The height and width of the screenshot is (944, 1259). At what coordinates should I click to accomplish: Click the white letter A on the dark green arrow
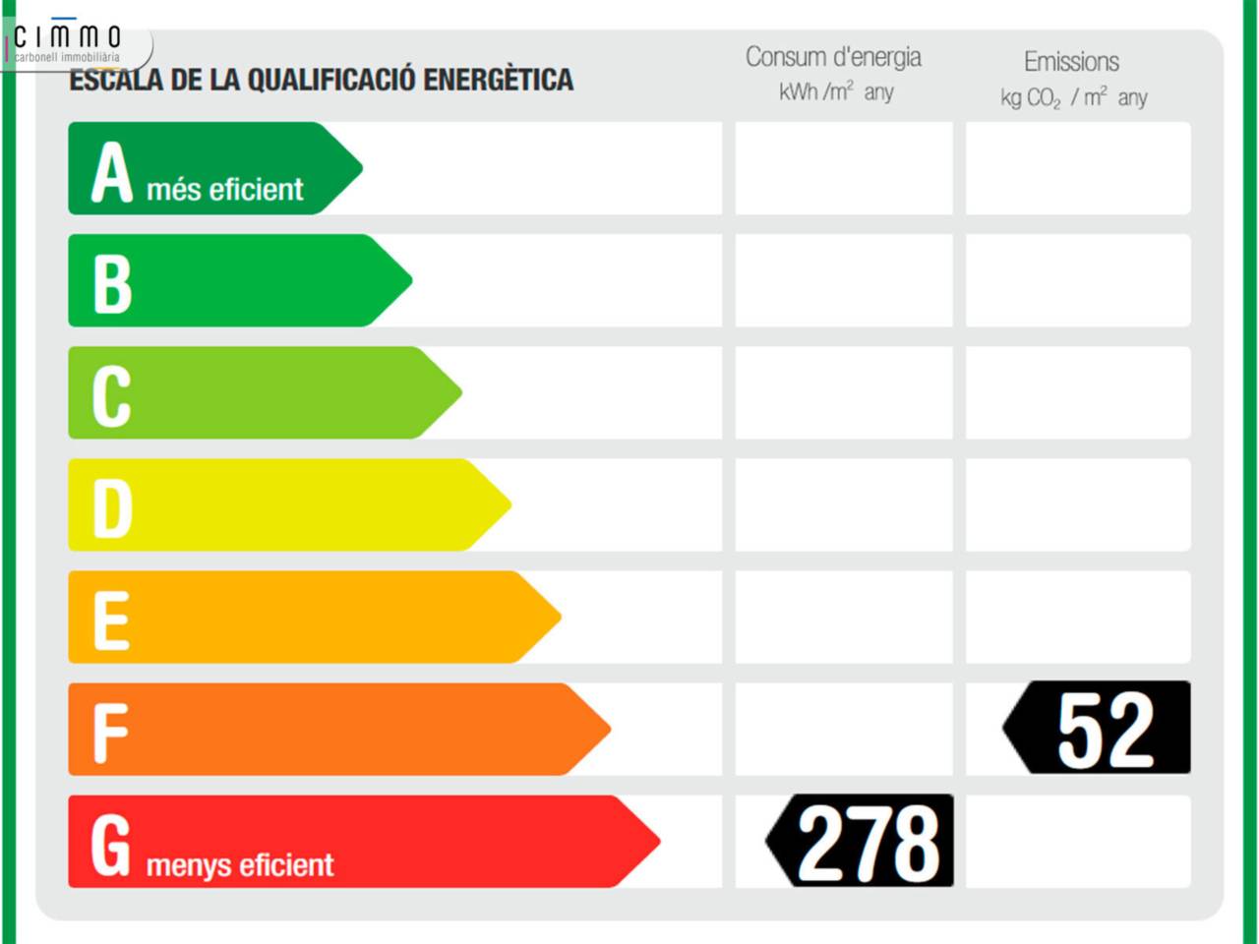(x=111, y=172)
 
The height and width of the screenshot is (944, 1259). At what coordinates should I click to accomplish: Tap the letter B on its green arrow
(x=111, y=284)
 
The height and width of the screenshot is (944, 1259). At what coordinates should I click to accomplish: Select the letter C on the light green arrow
(x=111, y=396)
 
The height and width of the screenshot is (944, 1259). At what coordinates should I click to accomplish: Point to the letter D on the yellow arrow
(x=112, y=508)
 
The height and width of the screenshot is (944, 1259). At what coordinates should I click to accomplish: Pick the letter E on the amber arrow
(x=111, y=620)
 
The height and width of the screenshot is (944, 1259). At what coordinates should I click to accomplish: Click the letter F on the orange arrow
(x=110, y=733)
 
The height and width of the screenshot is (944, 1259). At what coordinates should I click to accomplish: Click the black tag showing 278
(x=861, y=842)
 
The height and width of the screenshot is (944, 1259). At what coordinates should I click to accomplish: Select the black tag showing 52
(x=1098, y=729)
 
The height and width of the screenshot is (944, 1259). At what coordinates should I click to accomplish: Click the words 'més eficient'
(x=225, y=189)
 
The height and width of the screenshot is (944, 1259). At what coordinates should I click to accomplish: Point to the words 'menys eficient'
(x=240, y=865)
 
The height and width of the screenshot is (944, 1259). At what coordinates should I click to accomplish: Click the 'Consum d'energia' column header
(x=833, y=57)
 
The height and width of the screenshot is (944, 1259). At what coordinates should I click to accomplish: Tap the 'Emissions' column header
(x=1071, y=62)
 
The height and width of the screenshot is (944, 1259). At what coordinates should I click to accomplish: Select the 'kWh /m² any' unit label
(x=836, y=92)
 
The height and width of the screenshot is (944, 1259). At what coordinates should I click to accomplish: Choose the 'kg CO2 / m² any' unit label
(x=1073, y=97)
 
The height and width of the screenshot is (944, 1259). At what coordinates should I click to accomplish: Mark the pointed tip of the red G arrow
(x=657, y=842)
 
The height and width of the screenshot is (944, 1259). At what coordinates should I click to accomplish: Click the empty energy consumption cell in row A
(x=844, y=168)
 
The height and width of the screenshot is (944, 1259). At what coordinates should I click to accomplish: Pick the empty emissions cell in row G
(x=1078, y=842)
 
